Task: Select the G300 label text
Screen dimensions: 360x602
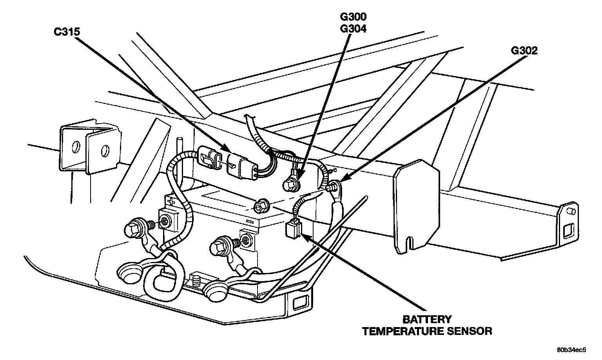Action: pyautogui.click(x=353, y=17)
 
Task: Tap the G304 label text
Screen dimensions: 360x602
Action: pyautogui.click(x=353, y=28)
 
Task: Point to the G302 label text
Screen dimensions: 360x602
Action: pyautogui.click(x=524, y=51)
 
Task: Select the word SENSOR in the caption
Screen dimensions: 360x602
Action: pyautogui.click(x=469, y=331)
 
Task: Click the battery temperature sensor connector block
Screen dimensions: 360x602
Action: pyautogui.click(x=292, y=229)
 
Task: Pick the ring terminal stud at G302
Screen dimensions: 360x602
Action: pyautogui.click(x=334, y=186)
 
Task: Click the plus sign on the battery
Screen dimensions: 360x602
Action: pyautogui.click(x=171, y=202)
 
